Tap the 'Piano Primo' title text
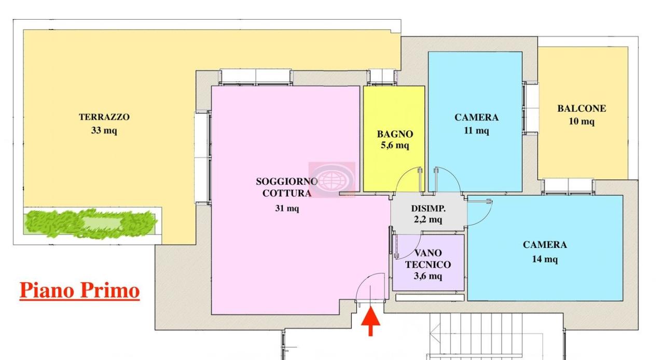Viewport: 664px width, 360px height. tap(79, 290)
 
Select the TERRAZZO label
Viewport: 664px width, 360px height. tap(104, 117)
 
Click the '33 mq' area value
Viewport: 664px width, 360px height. tap(104, 131)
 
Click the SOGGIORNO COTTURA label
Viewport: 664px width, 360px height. tap(286, 187)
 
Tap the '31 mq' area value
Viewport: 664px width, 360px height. tap(287, 209)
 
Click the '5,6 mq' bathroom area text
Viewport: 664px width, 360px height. tap(395, 146)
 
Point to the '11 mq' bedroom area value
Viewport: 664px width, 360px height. tap(476, 131)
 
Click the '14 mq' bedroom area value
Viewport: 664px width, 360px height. tap(545, 259)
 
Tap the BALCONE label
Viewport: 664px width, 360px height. tap(582, 108)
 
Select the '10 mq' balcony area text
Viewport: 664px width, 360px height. tap(582, 121)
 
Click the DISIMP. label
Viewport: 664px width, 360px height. tap(428, 209)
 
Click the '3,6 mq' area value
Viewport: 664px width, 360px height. tap(428, 276)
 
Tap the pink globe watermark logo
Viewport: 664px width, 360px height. tap(332, 179)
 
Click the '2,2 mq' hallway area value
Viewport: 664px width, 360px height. tap(428, 219)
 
